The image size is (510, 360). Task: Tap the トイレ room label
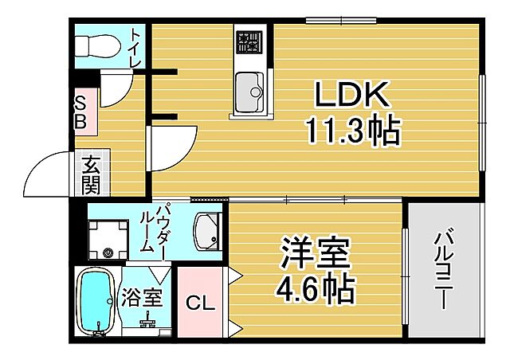135,48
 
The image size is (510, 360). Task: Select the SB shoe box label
82,112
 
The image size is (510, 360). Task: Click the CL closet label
200,303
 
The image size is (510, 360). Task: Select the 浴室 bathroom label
142,299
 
